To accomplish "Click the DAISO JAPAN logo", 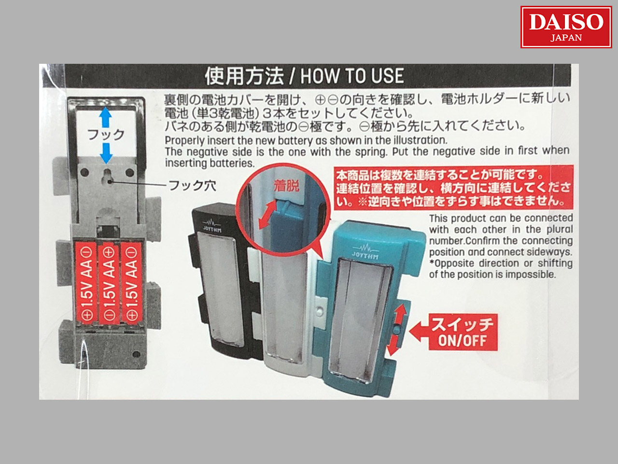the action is pos(566,27).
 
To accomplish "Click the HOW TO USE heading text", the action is pos(352,76).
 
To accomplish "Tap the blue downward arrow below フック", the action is pos(106,153).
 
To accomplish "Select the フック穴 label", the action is pos(192,186).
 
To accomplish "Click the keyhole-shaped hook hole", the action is pos(108,176).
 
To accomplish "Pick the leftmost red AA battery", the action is pos(86,283).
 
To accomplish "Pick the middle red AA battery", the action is pos(109,283).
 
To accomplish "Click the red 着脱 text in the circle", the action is pos(286,186).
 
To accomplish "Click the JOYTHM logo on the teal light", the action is pos(365,252).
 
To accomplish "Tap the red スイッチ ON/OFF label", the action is pos(463,332).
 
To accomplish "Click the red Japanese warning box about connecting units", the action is pos(453,188).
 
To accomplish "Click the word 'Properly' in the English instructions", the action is pos(182,141).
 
